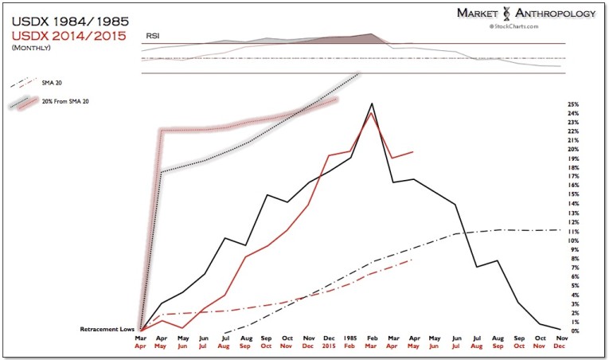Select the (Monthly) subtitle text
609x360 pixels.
33,49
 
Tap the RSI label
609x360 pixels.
151,37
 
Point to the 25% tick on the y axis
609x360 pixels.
573,104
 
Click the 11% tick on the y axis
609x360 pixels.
573,231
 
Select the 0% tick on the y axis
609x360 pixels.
573,331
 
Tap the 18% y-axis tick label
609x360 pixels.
573,167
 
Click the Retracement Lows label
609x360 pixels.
106,329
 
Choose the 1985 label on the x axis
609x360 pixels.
349,338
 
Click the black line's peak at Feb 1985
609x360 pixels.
372,104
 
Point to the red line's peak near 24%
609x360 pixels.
372,113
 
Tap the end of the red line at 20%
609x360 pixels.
413,151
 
